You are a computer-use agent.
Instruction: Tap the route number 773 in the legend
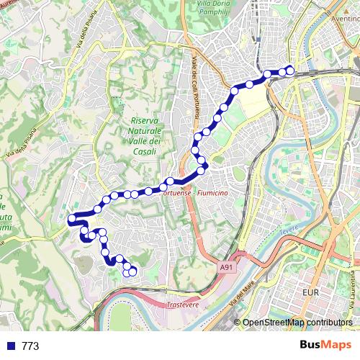30,346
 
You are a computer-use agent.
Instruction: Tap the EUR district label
312,294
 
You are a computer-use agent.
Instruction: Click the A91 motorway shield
228,268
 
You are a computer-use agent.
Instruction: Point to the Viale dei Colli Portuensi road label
195,86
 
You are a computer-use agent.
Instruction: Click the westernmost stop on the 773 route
71,219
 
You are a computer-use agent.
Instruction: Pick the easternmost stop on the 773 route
290,71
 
